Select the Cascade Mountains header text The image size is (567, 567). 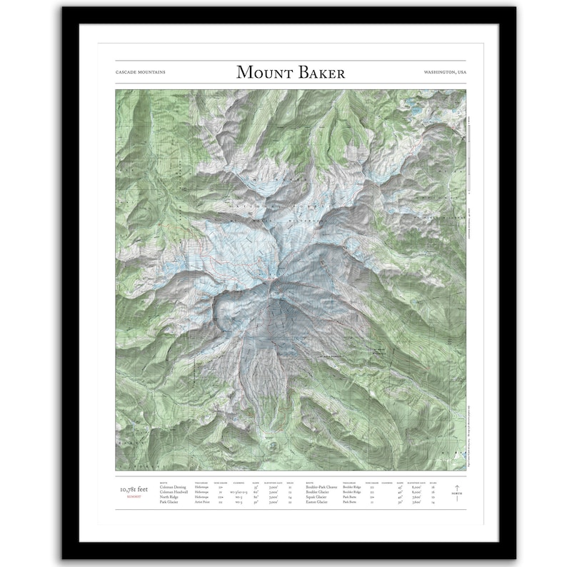[139, 73]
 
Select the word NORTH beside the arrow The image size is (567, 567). [456, 495]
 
